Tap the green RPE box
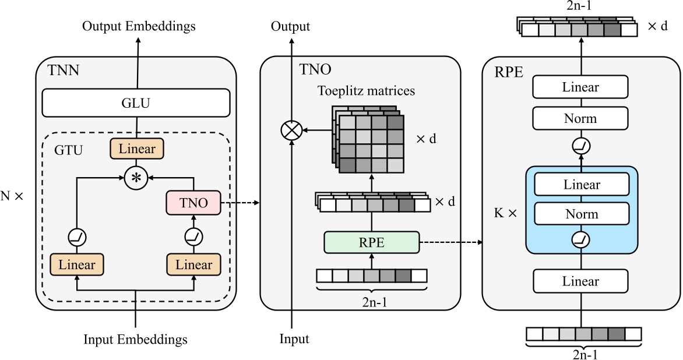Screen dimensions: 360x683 (371, 242)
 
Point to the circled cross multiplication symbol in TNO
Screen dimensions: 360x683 (290, 130)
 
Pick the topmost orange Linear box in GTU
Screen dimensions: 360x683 (136, 149)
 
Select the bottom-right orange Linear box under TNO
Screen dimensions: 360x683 (194, 264)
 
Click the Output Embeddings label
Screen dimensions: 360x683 (139, 26)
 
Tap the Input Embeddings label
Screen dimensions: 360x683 (136, 339)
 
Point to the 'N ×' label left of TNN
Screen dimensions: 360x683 (12, 196)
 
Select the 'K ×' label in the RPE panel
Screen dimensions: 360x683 (505, 213)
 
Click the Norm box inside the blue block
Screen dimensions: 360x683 (581, 214)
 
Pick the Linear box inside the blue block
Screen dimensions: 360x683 (581, 185)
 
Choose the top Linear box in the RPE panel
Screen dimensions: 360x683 (581, 88)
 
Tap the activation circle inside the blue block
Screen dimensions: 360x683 (581, 239)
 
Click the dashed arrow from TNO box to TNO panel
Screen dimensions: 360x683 (241, 203)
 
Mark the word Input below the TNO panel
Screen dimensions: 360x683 (294, 339)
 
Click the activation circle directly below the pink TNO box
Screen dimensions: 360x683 (194, 237)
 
